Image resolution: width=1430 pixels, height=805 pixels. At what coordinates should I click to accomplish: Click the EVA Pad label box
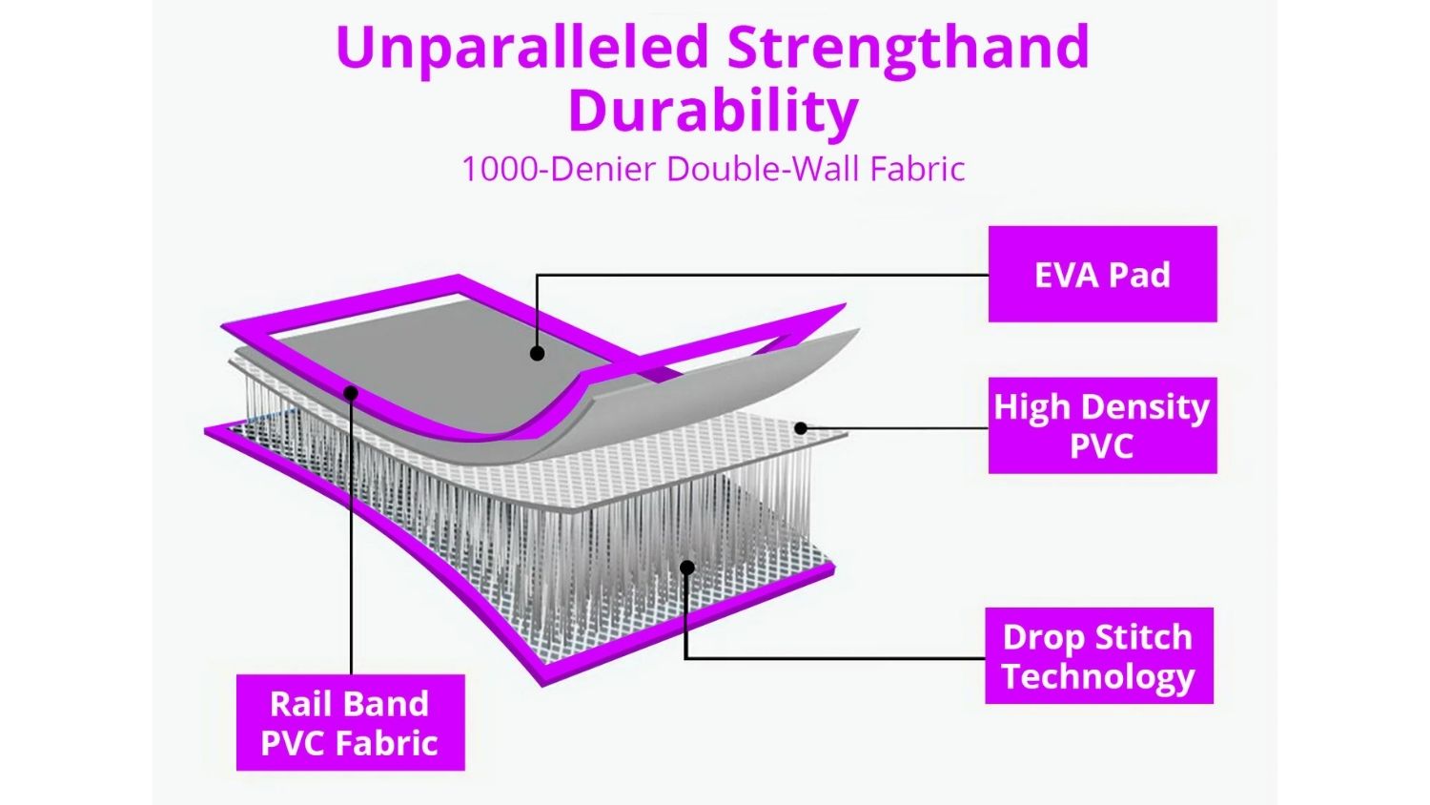1102,274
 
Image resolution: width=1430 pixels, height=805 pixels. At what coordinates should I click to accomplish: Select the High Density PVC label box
1102,425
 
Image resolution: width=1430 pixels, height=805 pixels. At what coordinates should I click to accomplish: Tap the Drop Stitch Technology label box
1098,655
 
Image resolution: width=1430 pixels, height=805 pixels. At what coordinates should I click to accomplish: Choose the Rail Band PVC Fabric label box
351,723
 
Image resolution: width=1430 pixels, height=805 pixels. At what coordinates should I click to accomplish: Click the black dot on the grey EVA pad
537,353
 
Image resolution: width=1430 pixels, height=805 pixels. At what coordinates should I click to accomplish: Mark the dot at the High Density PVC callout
801,428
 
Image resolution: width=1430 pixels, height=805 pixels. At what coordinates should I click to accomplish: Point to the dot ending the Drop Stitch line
687,568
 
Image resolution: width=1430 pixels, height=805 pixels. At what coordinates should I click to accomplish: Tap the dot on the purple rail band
351,393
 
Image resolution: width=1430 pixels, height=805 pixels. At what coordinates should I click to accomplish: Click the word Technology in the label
1098,676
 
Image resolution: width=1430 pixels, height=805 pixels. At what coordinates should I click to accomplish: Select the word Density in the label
1145,408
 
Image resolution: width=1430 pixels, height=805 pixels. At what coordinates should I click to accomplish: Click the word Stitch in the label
1149,637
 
